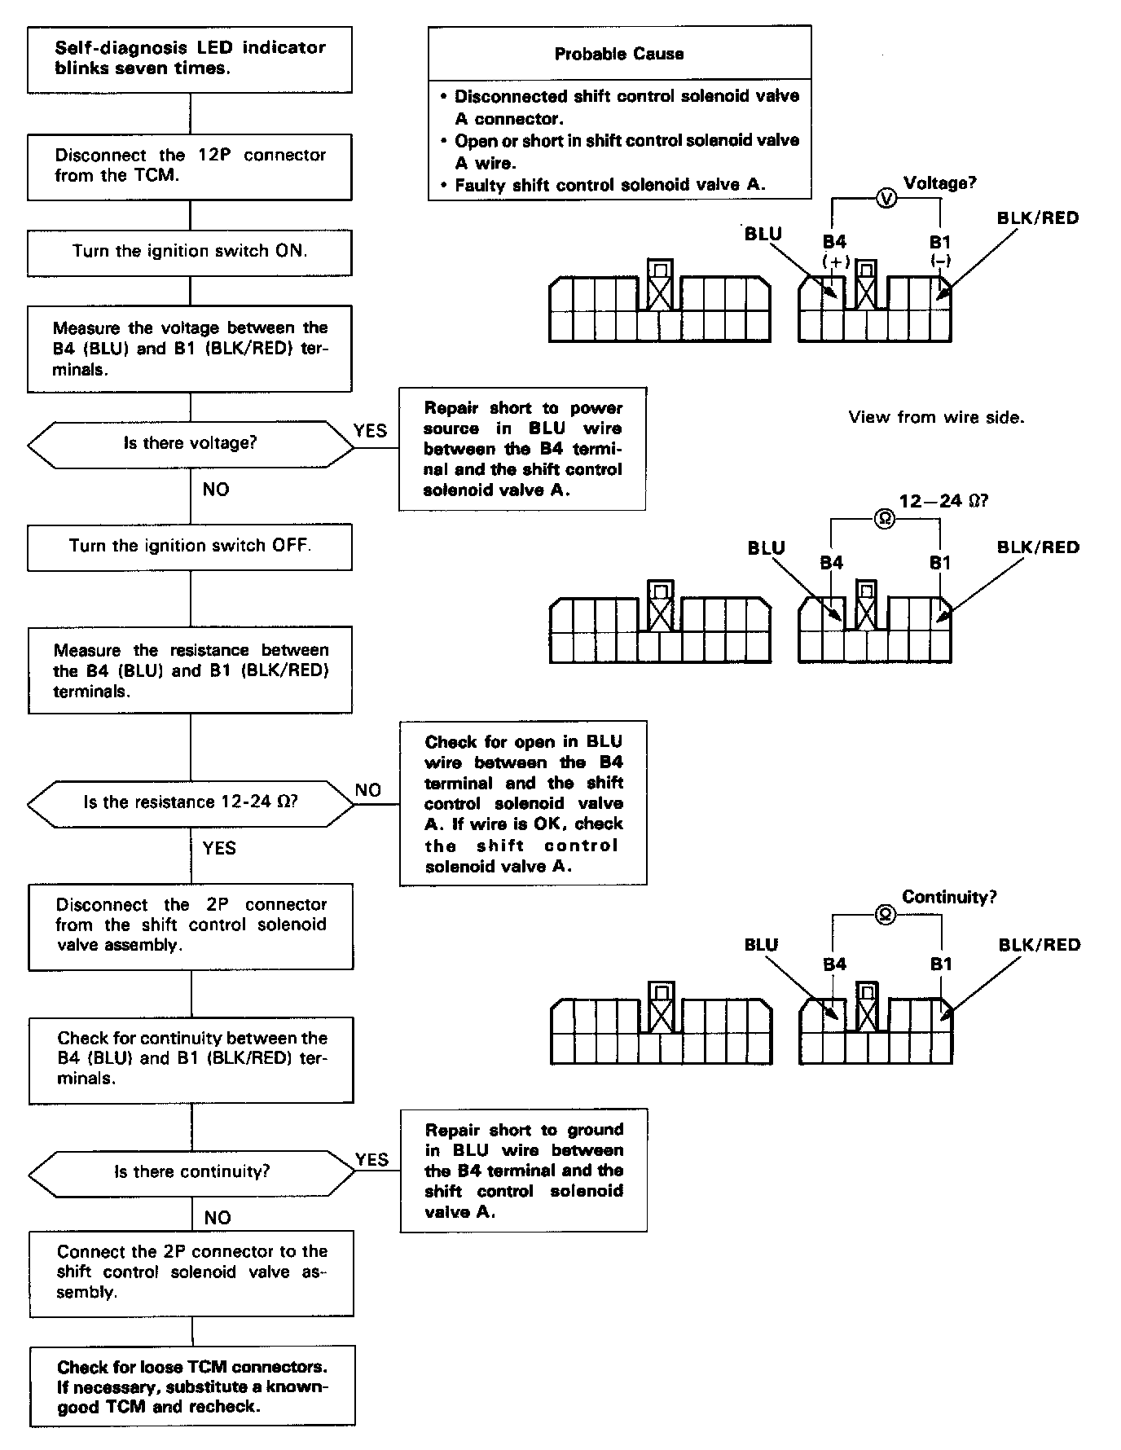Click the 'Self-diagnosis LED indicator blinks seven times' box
click(190, 59)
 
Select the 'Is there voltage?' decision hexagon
click(190, 444)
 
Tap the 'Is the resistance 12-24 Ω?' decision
click(191, 802)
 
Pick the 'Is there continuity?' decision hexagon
click(191, 1172)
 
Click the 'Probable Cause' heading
click(619, 54)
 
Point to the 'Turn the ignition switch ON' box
click(190, 252)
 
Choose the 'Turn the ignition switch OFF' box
click(190, 546)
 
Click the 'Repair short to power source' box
click(522, 449)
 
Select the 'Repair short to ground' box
click(524, 1170)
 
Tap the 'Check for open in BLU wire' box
click(523, 803)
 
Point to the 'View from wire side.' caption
click(936, 417)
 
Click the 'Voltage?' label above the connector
click(939, 183)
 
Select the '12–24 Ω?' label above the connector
click(943, 500)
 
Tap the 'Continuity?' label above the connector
click(949, 897)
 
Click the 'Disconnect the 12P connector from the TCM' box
click(190, 165)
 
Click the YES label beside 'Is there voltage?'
click(370, 430)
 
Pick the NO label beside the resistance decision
click(368, 789)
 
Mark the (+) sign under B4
click(836, 262)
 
